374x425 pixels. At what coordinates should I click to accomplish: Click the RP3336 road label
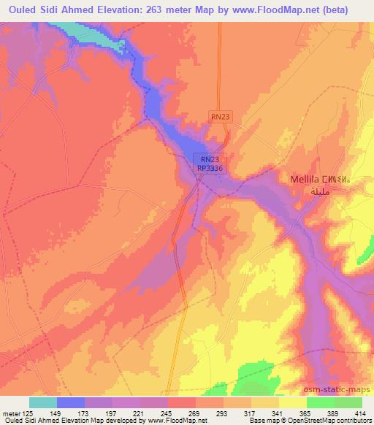pyautogui.click(x=210, y=168)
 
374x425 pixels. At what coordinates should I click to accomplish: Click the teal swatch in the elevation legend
pyautogui.click(x=43, y=402)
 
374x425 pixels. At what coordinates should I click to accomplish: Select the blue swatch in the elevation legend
pyautogui.click(x=71, y=402)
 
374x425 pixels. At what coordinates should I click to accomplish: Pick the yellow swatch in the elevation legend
pyautogui.click(x=292, y=402)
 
